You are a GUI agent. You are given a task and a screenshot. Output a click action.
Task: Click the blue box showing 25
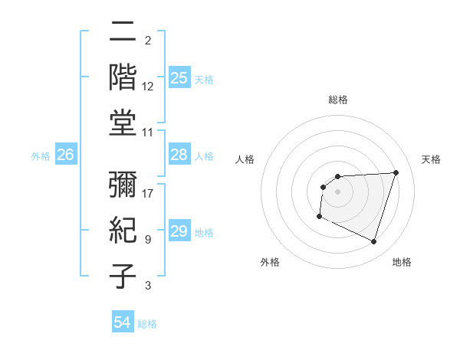pos(179,78)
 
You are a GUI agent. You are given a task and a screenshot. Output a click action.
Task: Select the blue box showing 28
pos(179,155)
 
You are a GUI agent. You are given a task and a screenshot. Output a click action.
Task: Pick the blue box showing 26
pos(65,155)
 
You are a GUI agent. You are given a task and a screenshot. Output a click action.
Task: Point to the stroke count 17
pos(148,193)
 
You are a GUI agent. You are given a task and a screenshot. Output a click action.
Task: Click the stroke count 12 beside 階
pos(148,87)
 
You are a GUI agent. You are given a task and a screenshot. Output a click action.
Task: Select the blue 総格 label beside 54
pos(147,324)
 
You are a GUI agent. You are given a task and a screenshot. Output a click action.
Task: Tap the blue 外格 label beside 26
pos(41,156)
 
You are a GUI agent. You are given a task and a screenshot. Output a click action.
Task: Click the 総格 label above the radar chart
pos(338,100)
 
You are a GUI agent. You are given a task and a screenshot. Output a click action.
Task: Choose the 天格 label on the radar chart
pos(431,159)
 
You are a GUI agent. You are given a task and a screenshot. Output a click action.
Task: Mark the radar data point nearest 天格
pos(396,172)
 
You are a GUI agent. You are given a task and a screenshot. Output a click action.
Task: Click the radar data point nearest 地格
pos(373,242)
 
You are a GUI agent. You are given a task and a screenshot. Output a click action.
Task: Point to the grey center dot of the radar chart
pos(338,191)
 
